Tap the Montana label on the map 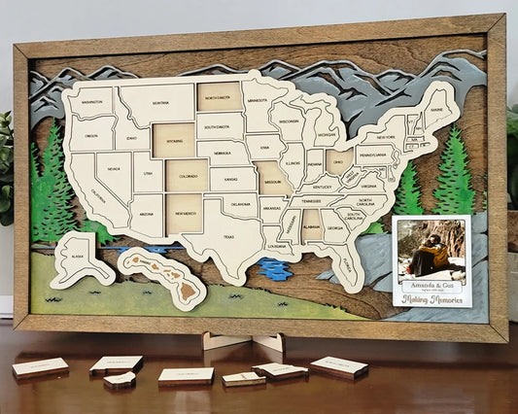pos(157,101)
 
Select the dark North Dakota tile pos(220,95)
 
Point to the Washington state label pos(92,101)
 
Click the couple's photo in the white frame pos(431,249)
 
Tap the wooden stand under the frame pos(242,343)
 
